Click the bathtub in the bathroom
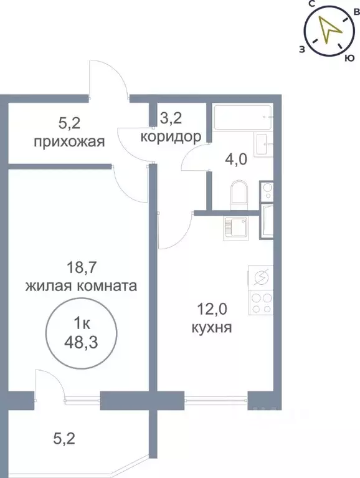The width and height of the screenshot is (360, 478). [x=243, y=116]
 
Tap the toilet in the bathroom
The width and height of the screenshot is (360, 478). [x=239, y=194]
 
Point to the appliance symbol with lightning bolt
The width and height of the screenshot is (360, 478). [x=262, y=277]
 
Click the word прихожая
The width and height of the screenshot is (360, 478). [x=69, y=141]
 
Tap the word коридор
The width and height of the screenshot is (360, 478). [x=171, y=136]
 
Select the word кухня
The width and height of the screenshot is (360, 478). [x=212, y=327]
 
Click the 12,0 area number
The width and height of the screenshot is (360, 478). [x=212, y=308]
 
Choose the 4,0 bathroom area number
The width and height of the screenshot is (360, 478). [x=236, y=159]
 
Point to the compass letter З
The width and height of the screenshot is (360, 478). [x=302, y=49]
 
